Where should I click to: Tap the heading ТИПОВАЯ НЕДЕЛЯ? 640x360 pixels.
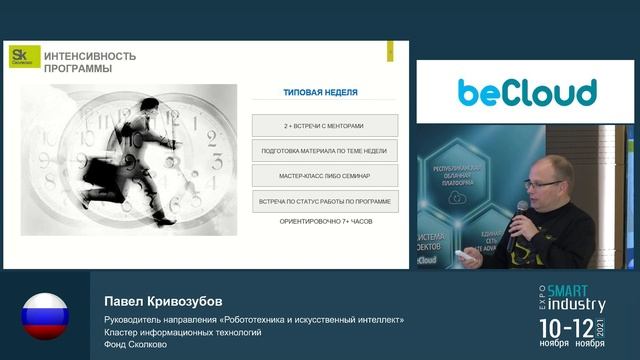point(320,92)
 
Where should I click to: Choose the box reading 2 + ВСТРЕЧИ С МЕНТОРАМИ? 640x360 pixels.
point(324,126)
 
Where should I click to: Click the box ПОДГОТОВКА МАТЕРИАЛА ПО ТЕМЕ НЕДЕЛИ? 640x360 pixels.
point(324,151)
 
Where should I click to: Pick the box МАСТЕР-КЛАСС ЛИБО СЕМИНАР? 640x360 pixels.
point(324,176)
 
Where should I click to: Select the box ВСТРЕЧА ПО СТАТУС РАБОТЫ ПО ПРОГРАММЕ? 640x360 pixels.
point(324,201)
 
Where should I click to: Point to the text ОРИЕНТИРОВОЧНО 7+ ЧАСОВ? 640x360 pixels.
point(325,220)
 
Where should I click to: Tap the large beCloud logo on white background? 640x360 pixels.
point(527,92)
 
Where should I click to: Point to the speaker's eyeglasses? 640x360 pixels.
point(536,183)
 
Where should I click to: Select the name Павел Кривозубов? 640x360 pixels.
point(157,302)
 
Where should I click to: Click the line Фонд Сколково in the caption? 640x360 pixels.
point(139,345)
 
